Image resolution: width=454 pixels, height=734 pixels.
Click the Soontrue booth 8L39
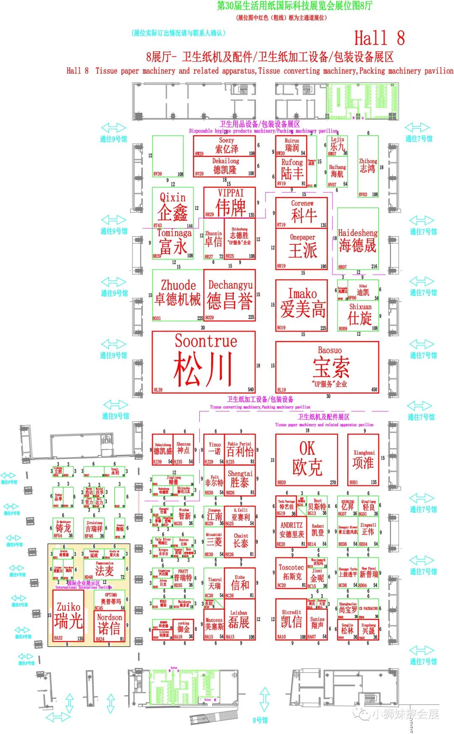click(x=203, y=362)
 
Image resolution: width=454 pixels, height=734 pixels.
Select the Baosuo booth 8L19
click(x=327, y=367)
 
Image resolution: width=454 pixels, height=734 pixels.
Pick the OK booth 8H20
click(x=306, y=459)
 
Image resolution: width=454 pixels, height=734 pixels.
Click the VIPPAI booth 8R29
click(x=230, y=202)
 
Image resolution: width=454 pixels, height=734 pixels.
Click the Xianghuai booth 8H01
click(x=363, y=459)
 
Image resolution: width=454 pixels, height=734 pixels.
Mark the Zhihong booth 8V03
click(x=368, y=166)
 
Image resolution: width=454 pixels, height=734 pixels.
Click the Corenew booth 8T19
click(x=302, y=213)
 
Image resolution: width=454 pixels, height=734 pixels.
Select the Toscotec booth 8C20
click(x=291, y=572)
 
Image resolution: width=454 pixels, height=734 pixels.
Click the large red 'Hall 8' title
click(x=379, y=38)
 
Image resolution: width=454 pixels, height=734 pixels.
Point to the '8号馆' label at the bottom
click(x=260, y=720)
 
